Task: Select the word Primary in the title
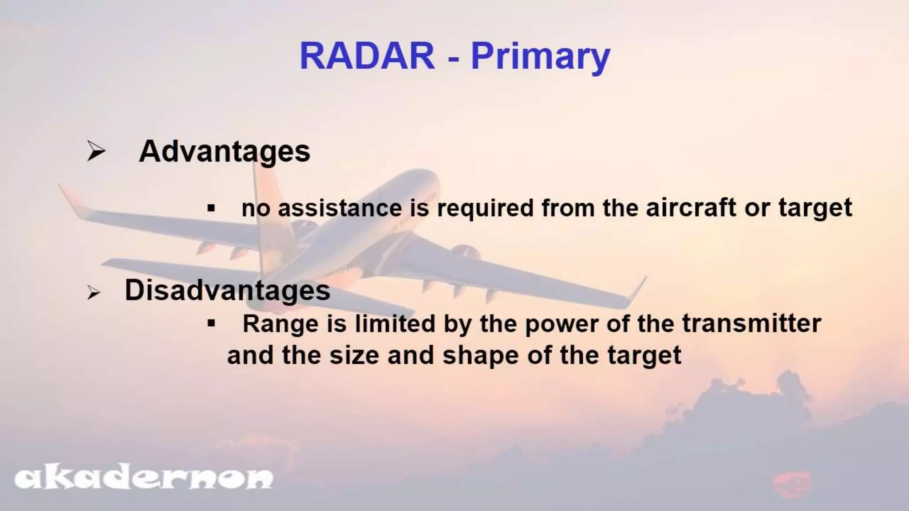click(540, 58)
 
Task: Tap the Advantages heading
click(224, 152)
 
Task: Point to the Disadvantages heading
click(227, 291)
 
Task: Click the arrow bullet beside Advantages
click(95, 151)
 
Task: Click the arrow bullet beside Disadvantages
click(93, 293)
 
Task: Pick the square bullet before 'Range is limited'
click(211, 323)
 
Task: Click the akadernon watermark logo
click(144, 478)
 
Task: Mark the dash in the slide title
click(453, 58)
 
